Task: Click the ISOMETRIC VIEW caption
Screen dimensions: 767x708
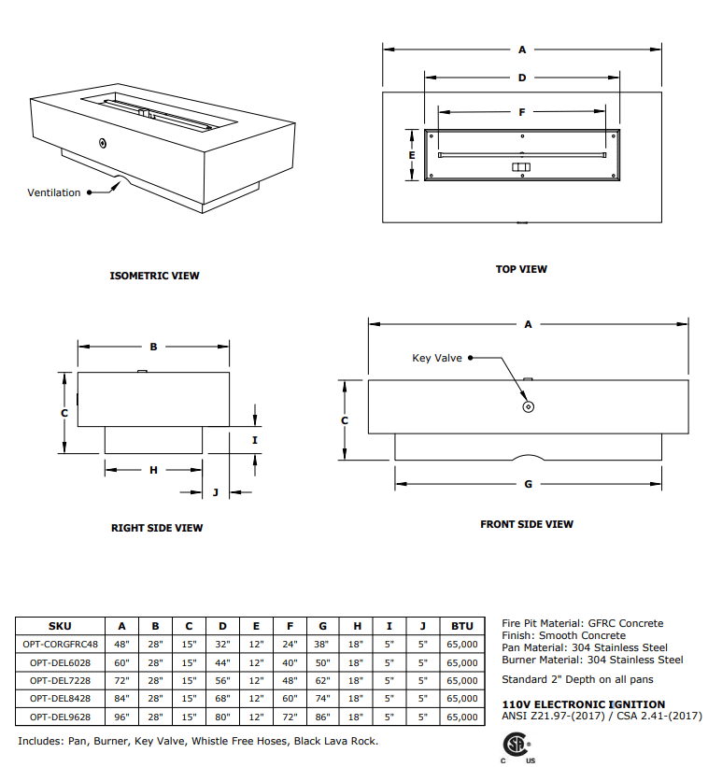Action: (154, 276)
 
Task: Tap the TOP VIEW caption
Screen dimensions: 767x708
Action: (521, 269)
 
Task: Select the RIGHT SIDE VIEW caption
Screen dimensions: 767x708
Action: (157, 528)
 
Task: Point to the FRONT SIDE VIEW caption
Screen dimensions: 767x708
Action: (527, 524)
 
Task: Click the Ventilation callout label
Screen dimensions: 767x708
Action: (54, 192)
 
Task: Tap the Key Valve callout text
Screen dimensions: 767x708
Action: (437, 358)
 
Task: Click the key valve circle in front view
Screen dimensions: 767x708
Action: (529, 407)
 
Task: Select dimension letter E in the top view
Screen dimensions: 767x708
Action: (411, 154)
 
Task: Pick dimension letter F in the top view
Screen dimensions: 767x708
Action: (522, 112)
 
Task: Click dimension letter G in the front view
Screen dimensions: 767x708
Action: (529, 484)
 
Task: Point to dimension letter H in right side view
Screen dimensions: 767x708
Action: (154, 470)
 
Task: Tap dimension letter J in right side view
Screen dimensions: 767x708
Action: (215, 491)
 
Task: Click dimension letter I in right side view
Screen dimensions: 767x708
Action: (255, 439)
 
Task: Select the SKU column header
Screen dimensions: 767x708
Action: (60, 626)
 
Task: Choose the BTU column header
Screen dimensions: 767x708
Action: (461, 626)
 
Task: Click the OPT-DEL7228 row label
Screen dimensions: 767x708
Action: (60, 680)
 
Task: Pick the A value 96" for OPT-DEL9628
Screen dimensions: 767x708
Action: (121, 717)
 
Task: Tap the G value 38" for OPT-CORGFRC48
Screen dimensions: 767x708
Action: (322, 644)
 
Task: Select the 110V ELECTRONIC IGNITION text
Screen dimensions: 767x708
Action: (584, 704)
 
